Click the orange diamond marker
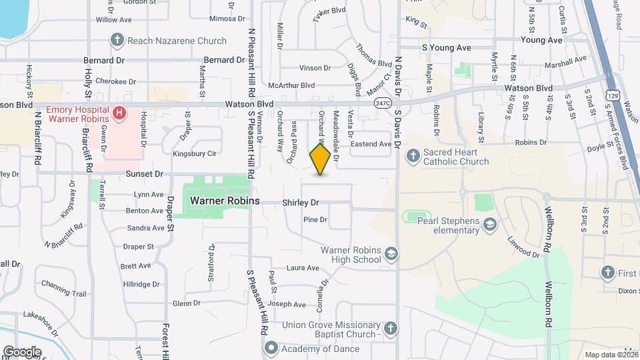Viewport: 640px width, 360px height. (x=321, y=159)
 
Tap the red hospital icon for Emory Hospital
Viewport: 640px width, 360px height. (x=119, y=113)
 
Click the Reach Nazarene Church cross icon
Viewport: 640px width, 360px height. (x=117, y=40)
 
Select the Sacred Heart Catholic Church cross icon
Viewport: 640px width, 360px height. (x=413, y=156)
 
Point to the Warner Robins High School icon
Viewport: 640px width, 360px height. (x=392, y=254)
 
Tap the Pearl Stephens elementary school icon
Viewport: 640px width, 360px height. (x=491, y=225)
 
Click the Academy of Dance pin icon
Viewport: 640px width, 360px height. (x=272, y=348)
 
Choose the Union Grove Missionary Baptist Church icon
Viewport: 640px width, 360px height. (x=391, y=328)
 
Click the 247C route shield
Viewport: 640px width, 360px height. (x=382, y=103)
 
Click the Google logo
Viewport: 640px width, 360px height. (x=22, y=352)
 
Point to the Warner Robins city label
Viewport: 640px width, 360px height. (x=220, y=200)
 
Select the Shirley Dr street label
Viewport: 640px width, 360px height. (x=301, y=202)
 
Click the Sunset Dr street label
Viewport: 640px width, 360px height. (x=144, y=174)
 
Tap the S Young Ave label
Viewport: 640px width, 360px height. (x=447, y=48)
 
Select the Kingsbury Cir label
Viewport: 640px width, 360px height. (x=195, y=153)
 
